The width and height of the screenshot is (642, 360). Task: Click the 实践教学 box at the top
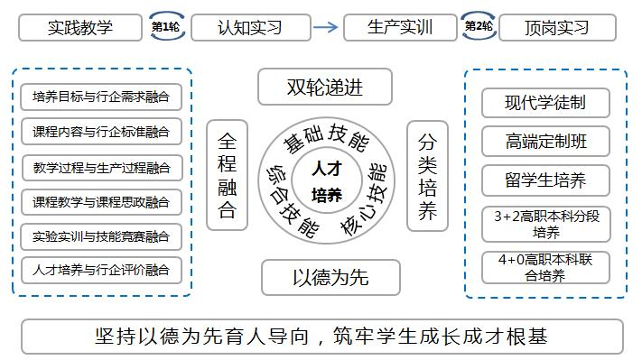coord(80,27)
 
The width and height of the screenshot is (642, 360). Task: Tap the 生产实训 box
coord(401,27)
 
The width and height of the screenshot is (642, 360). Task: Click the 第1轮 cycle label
coord(164,27)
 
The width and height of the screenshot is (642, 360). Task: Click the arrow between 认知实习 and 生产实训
coord(328,27)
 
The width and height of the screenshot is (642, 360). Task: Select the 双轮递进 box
coord(325,88)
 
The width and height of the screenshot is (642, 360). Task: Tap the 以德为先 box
coord(330,277)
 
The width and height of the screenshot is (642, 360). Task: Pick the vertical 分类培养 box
coord(427,176)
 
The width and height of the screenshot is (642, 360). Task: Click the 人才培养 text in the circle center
coord(326,180)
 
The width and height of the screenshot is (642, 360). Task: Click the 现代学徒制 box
coord(545,103)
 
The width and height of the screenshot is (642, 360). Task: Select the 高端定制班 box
coord(545,141)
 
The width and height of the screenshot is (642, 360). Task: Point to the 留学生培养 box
coord(545,180)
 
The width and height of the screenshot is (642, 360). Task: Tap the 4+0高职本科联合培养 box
coord(545,268)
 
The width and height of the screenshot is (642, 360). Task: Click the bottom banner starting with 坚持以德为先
coord(321,337)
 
